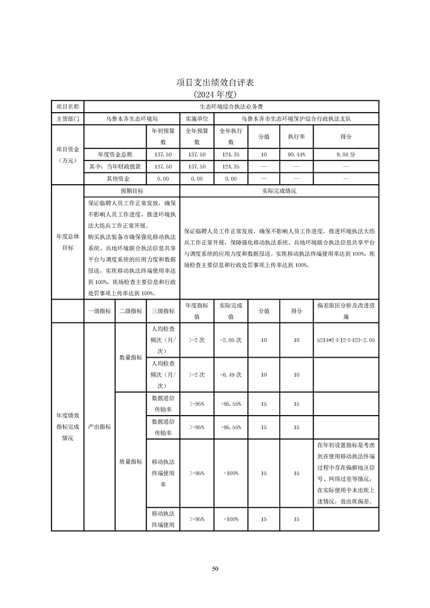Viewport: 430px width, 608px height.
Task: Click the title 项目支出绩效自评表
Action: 215,82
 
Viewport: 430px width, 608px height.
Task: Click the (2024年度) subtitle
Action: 215,94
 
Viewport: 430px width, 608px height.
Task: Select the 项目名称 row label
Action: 68,107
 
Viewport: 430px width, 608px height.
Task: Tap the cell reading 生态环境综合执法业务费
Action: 232,107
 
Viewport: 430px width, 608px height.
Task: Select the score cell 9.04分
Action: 346,154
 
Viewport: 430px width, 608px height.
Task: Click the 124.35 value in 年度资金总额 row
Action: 231,154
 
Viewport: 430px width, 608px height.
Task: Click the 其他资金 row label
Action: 118,178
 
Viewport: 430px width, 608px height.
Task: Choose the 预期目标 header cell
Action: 132,191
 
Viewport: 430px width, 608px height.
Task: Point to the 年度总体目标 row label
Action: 68,242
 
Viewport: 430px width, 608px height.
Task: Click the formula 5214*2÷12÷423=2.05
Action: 346,340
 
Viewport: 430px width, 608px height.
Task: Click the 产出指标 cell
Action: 99,426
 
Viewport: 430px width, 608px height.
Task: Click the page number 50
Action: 215,568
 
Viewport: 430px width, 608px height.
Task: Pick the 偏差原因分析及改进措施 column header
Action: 346,311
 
